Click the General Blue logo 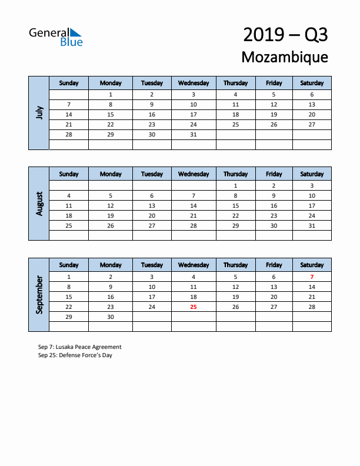tap(56, 36)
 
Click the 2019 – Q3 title tap(285, 35)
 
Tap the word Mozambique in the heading tap(285, 57)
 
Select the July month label tap(39, 112)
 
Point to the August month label tap(39, 204)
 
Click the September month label tap(39, 295)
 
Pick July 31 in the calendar tap(194, 135)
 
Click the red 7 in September tap(312, 277)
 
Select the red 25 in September tap(194, 307)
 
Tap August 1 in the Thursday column tap(235, 185)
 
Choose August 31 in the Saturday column tap(312, 225)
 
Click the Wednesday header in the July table tap(194, 83)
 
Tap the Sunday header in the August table tap(69, 174)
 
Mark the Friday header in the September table tap(274, 265)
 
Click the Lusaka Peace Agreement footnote tap(79, 347)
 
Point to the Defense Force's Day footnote tap(75, 355)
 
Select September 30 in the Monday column tap(111, 317)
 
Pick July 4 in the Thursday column tap(235, 94)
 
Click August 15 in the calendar tap(235, 205)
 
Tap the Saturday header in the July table tap(312, 83)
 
